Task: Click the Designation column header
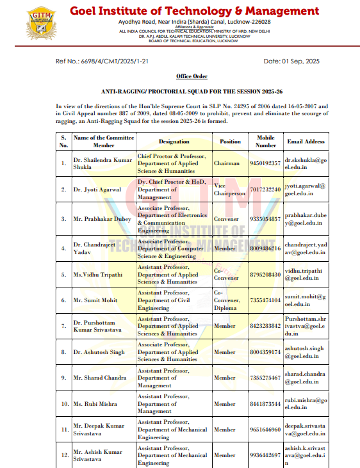[x=174, y=141]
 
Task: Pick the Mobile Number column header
[x=265, y=141]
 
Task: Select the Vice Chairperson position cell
[x=229, y=190]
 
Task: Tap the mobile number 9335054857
[x=265, y=219]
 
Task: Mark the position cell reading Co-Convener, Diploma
[x=229, y=300]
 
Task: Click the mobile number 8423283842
[x=265, y=326]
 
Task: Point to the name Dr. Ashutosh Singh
[x=99, y=352]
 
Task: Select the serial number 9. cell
[x=63, y=378]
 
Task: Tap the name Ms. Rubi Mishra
[x=95, y=404]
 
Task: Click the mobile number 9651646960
[x=265, y=430]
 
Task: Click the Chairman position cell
[x=229, y=163]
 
